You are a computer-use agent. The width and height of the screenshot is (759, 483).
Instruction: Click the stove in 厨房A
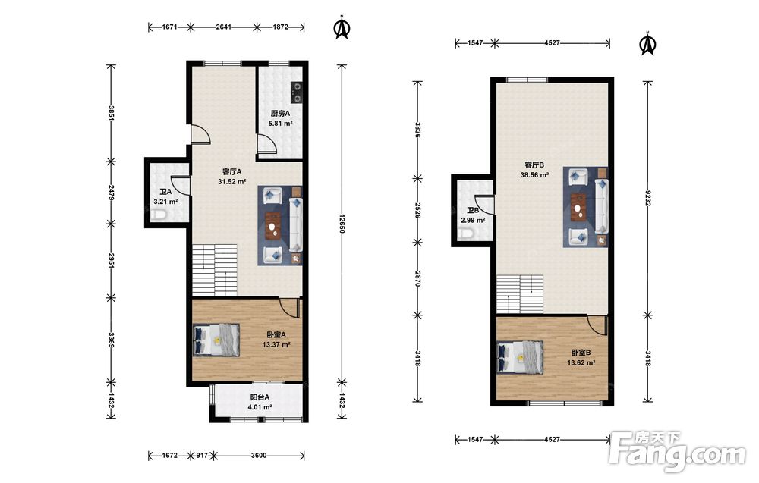(296, 92)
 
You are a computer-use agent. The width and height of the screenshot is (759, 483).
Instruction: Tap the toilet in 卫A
(159, 215)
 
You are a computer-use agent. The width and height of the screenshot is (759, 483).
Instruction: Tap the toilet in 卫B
(466, 234)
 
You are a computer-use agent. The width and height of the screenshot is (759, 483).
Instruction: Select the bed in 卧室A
(216, 340)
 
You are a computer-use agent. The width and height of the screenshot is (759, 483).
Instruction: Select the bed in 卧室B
(520, 357)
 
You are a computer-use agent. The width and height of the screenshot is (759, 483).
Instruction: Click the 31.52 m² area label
(232, 182)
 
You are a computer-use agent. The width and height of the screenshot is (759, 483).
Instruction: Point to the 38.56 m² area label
(534, 175)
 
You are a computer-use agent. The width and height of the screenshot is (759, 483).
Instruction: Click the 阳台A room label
(260, 397)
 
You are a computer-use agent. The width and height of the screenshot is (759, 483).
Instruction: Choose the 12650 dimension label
(342, 224)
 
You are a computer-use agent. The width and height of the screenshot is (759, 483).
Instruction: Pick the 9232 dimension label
(647, 198)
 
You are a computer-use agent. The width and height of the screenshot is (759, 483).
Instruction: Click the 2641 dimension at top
(223, 27)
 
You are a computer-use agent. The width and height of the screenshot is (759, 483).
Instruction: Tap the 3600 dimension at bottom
(259, 456)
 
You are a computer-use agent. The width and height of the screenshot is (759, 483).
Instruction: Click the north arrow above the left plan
(342, 27)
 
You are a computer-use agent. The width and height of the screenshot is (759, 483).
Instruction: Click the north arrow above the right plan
(647, 44)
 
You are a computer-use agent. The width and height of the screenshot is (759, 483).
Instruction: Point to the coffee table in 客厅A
(275, 225)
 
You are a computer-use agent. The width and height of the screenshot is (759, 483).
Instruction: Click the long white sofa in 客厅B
(602, 205)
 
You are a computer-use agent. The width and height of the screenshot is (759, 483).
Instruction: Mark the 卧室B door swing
(597, 325)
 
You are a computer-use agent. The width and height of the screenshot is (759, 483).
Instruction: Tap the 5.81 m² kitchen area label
(281, 124)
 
